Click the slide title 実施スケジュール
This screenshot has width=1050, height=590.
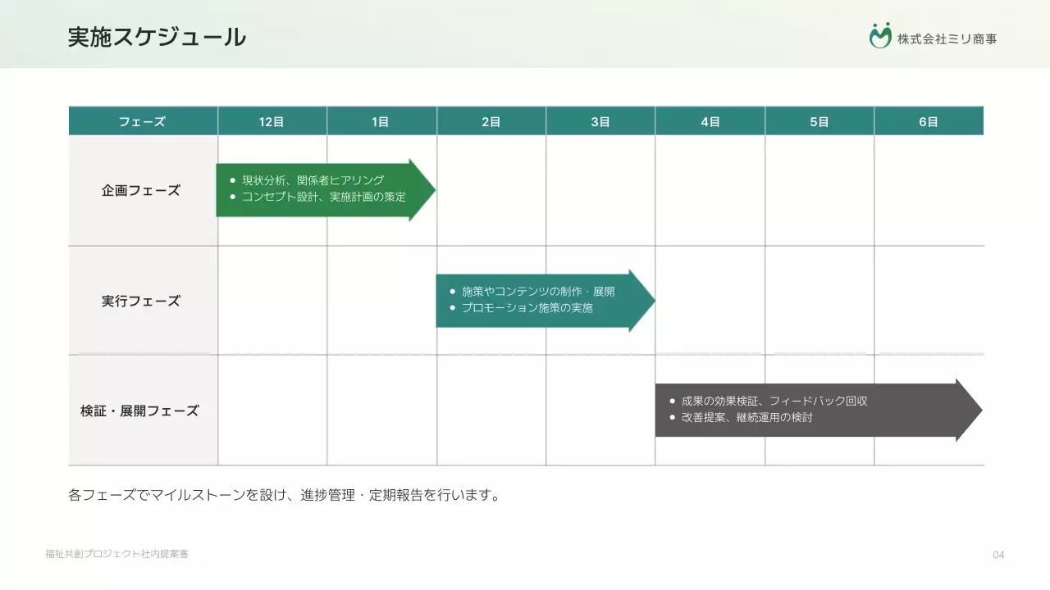coord(157,37)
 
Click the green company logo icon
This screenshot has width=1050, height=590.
coord(880,36)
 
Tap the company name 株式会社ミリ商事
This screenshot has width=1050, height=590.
coord(947,39)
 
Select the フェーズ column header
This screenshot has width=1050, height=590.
coord(142,122)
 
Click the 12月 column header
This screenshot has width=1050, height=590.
coord(272,122)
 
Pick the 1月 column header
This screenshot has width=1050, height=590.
coord(381,122)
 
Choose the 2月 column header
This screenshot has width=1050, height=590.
coord(491,122)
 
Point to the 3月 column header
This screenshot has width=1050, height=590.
coord(600,122)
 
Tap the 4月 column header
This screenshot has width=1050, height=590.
coord(710,122)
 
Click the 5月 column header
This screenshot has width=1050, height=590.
coord(819,122)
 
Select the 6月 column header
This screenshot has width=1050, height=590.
coord(928,122)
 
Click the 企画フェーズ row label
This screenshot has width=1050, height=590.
coord(141,191)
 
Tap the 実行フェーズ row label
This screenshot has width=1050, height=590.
coord(141,301)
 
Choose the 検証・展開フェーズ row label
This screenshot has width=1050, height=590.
coord(139,411)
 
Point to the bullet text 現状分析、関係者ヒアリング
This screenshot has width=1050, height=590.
coord(313,180)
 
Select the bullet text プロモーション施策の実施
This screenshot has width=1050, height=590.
coord(527,308)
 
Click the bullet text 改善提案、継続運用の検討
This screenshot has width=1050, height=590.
coord(746,418)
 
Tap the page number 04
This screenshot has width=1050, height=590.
coord(998,556)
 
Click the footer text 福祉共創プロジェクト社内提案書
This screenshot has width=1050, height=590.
coord(117,555)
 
